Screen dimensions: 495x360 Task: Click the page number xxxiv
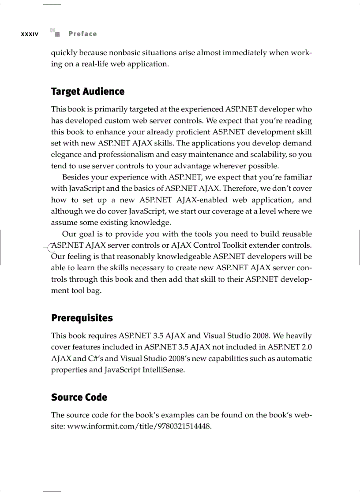(x=30, y=34)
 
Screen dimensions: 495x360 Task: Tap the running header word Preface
(x=82, y=34)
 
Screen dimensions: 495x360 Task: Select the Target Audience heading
(x=88, y=92)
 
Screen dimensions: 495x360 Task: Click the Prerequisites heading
(x=82, y=318)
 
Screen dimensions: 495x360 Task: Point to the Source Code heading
(x=79, y=398)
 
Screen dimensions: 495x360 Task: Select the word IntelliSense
(x=162, y=370)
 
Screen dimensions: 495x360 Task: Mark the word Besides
(x=75, y=177)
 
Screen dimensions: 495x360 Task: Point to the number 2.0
(x=306, y=347)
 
